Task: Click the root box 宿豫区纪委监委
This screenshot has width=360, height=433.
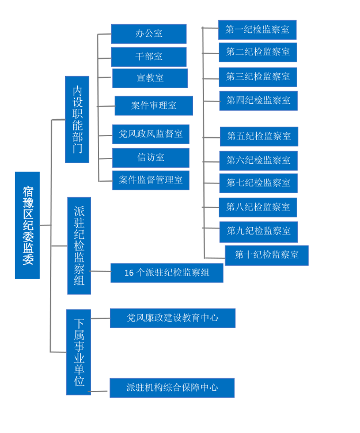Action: pyautogui.click(x=27, y=225)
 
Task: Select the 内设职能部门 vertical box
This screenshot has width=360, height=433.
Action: pyautogui.click(x=77, y=119)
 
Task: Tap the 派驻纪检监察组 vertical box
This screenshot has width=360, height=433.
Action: pyautogui.click(x=79, y=246)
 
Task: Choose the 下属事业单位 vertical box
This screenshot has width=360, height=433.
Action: pyautogui.click(x=78, y=352)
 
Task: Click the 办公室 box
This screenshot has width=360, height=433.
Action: pyautogui.click(x=149, y=33)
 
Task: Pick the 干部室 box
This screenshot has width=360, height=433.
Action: pyautogui.click(x=149, y=57)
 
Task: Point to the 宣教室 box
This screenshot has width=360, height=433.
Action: pyautogui.click(x=150, y=78)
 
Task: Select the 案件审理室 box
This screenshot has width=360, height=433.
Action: pyautogui.click(x=154, y=106)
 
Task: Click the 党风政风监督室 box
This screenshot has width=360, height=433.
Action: pyautogui.click(x=150, y=134)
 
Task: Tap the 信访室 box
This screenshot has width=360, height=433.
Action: pyautogui.click(x=150, y=157)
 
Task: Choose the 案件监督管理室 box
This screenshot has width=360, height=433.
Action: pyautogui.click(x=150, y=180)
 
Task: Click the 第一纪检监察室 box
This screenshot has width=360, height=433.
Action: pyautogui.click(x=257, y=29)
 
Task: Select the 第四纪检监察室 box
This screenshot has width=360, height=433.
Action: pyautogui.click(x=259, y=100)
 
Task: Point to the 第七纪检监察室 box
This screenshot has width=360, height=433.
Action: pyautogui.click(x=259, y=183)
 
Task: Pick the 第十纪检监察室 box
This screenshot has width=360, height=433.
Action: pyautogui.click(x=267, y=255)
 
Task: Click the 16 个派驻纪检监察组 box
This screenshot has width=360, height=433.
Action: pyautogui.click(x=167, y=273)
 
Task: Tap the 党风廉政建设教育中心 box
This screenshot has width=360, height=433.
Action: pyautogui.click(x=173, y=318)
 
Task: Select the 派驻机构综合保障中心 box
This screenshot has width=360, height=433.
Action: pyautogui.click(x=172, y=388)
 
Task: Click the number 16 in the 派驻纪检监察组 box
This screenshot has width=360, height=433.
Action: pyautogui.click(x=129, y=273)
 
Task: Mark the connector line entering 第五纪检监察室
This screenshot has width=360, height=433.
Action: pyautogui.click(x=211, y=137)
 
